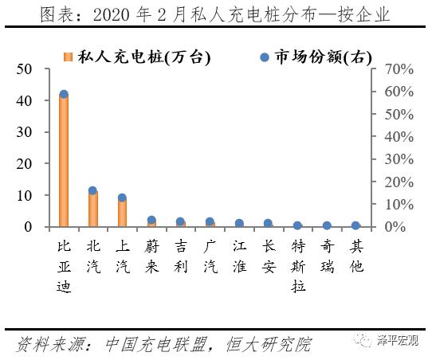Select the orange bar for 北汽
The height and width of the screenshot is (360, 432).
(x=93, y=209)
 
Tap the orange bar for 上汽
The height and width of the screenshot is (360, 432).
(x=122, y=212)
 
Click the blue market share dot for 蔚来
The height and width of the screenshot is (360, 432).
(x=151, y=221)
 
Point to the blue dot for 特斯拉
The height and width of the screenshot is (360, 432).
(x=297, y=225)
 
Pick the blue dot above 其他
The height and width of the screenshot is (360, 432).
(x=355, y=225)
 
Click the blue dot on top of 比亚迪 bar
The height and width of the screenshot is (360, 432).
(x=64, y=95)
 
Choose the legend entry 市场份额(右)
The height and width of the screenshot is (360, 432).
(x=315, y=57)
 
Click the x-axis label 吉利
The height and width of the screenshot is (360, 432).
(x=181, y=256)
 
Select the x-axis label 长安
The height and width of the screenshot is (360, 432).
(x=269, y=256)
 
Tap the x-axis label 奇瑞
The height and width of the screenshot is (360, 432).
(x=327, y=256)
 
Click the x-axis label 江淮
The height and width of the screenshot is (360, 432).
(x=239, y=256)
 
